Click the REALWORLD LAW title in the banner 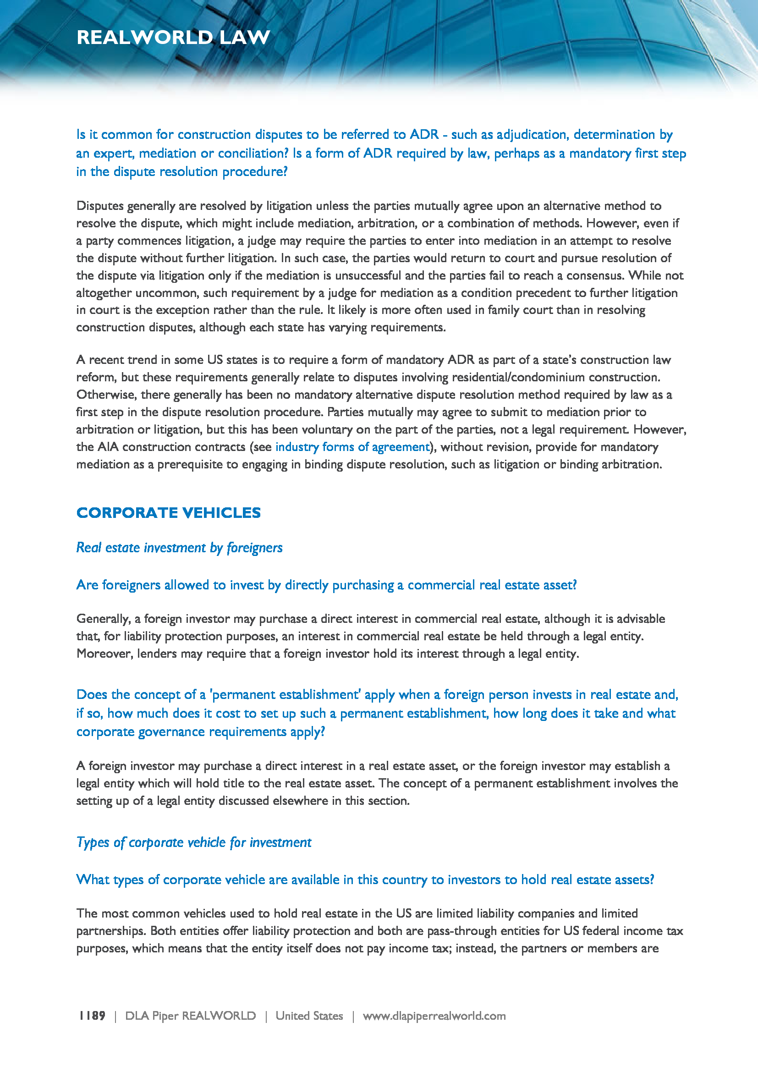(173, 37)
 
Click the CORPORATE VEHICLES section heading (169, 513)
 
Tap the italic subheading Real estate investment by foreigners (179, 547)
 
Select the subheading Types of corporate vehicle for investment (194, 842)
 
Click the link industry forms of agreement (352, 447)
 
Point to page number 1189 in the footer (92, 1016)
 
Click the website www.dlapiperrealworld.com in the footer (434, 1016)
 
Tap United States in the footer (309, 1016)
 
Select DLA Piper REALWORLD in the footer (191, 1016)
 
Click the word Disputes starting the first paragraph (99, 206)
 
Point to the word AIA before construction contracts (107, 447)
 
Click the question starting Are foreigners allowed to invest (326, 584)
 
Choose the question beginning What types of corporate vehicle (365, 879)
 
